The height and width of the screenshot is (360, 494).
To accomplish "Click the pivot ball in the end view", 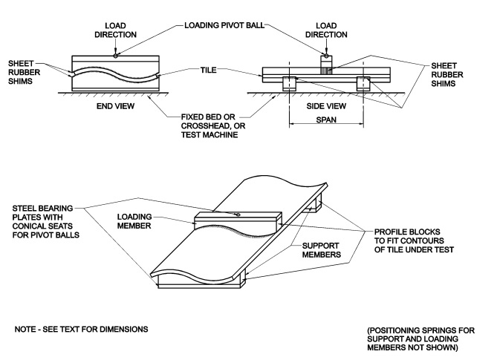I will coord(115,54).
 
